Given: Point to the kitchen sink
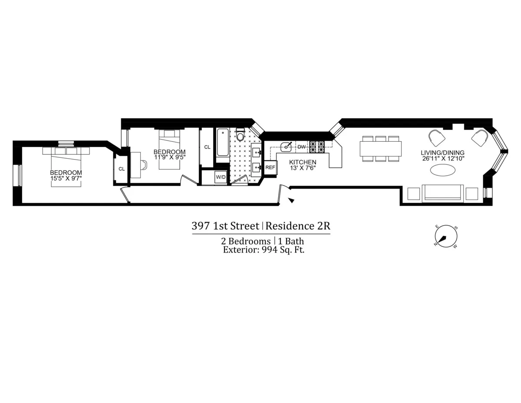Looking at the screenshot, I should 287,147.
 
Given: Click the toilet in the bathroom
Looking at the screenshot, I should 240,136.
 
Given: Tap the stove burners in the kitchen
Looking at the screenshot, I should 317,147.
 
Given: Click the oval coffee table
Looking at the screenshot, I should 442,171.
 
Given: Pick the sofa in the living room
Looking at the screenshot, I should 442,193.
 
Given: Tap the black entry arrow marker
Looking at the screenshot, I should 292,200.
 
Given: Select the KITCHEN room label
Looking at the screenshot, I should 303,162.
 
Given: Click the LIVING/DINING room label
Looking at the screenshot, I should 442,153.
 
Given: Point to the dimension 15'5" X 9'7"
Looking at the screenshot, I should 66,177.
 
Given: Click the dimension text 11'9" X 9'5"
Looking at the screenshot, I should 169,157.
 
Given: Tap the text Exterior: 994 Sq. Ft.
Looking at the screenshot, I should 263,250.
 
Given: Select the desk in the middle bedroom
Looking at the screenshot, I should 135,165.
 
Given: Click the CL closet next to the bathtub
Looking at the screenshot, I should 207,147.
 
